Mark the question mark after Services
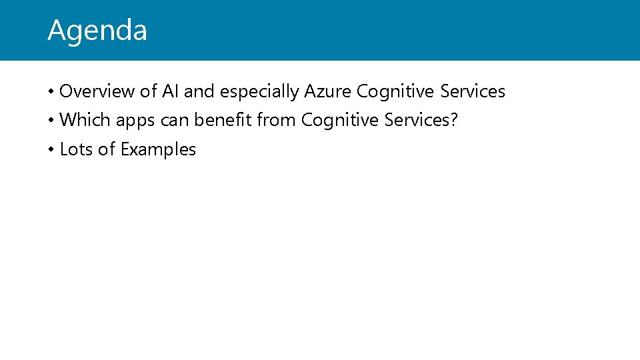pyautogui.click(x=454, y=121)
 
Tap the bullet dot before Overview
pyautogui.click(x=51, y=92)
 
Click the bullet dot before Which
pyautogui.click(x=51, y=121)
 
